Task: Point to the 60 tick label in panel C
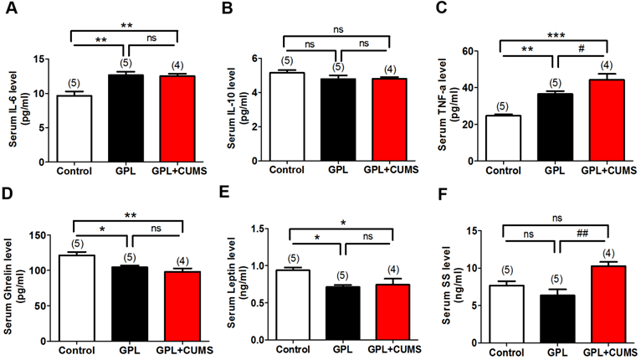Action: point(481,51)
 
